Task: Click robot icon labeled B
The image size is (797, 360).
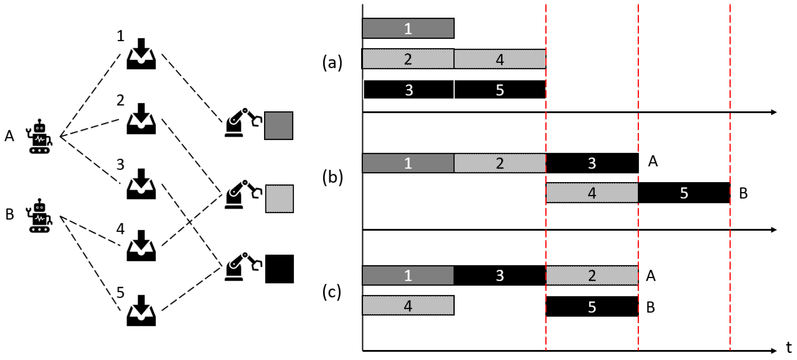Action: (40, 216)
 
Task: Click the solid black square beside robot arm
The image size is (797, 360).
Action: (279, 269)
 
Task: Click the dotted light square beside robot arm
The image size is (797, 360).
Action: (279, 199)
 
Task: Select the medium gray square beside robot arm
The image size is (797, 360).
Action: (278, 126)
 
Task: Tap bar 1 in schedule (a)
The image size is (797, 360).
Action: (408, 29)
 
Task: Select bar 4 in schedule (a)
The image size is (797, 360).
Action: (499, 59)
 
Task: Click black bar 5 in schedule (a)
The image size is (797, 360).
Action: (499, 90)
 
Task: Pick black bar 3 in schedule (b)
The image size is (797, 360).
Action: (591, 163)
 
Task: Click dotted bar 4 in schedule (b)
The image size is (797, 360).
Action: (591, 193)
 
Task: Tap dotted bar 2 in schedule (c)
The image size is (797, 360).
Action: (591, 275)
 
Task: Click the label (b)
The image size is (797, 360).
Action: (332, 178)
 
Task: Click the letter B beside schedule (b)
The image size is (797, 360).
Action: (743, 194)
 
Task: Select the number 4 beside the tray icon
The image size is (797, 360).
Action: (120, 229)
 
